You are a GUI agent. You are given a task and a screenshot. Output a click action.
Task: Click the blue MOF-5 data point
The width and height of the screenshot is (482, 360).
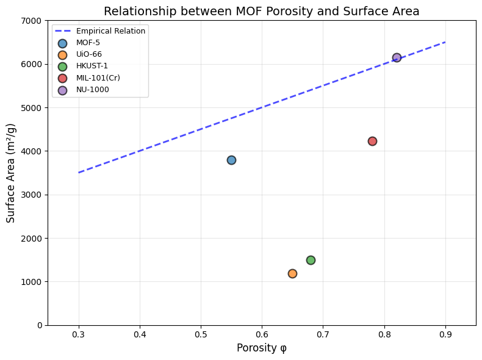[x=231, y=160]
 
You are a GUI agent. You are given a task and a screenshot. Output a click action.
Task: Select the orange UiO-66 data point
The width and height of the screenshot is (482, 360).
[x=292, y=273]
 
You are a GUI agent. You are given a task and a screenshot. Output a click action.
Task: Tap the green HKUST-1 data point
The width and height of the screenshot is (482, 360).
[x=311, y=260]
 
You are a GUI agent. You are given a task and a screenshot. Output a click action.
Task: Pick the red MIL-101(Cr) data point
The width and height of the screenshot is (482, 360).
[x=372, y=141]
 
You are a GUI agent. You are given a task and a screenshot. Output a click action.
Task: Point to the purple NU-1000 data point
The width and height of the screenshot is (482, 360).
[x=397, y=57]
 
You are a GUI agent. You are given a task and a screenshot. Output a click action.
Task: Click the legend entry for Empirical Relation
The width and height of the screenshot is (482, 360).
[x=110, y=31]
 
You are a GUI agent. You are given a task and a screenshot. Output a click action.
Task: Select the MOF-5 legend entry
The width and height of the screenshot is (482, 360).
[x=89, y=43]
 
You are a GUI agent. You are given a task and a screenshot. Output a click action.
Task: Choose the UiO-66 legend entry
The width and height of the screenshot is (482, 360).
[x=89, y=54]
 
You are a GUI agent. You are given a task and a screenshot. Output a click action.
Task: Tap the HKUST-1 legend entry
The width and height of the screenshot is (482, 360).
[x=93, y=67]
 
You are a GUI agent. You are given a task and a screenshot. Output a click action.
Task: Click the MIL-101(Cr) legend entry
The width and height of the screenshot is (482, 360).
[x=98, y=78]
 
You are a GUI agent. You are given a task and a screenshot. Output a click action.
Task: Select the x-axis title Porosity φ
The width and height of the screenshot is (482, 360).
[x=261, y=348]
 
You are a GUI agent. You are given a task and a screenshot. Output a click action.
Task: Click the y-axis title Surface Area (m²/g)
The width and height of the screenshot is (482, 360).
[x=11, y=173]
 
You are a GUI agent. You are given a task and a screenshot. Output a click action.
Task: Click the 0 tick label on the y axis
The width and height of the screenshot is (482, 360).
[x=38, y=325]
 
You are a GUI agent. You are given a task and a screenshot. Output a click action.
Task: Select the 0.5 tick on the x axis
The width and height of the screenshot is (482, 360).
[x=201, y=334]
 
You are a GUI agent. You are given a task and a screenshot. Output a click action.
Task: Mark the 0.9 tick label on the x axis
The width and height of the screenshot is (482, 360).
[x=445, y=334]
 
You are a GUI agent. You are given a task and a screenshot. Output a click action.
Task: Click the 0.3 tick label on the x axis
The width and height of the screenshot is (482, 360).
[x=79, y=334]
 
